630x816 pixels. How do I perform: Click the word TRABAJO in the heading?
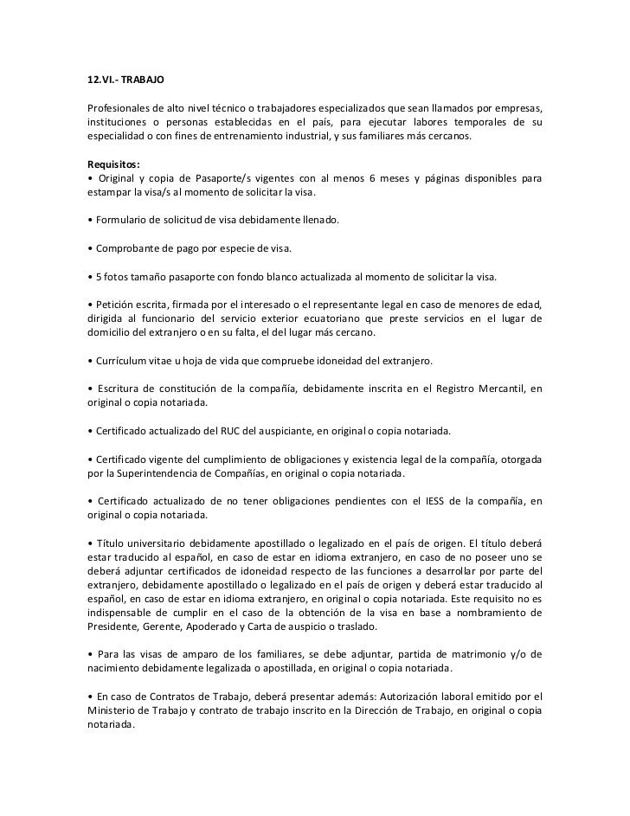(137, 80)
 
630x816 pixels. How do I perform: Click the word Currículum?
(125, 360)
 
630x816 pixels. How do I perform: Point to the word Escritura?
(125, 389)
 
